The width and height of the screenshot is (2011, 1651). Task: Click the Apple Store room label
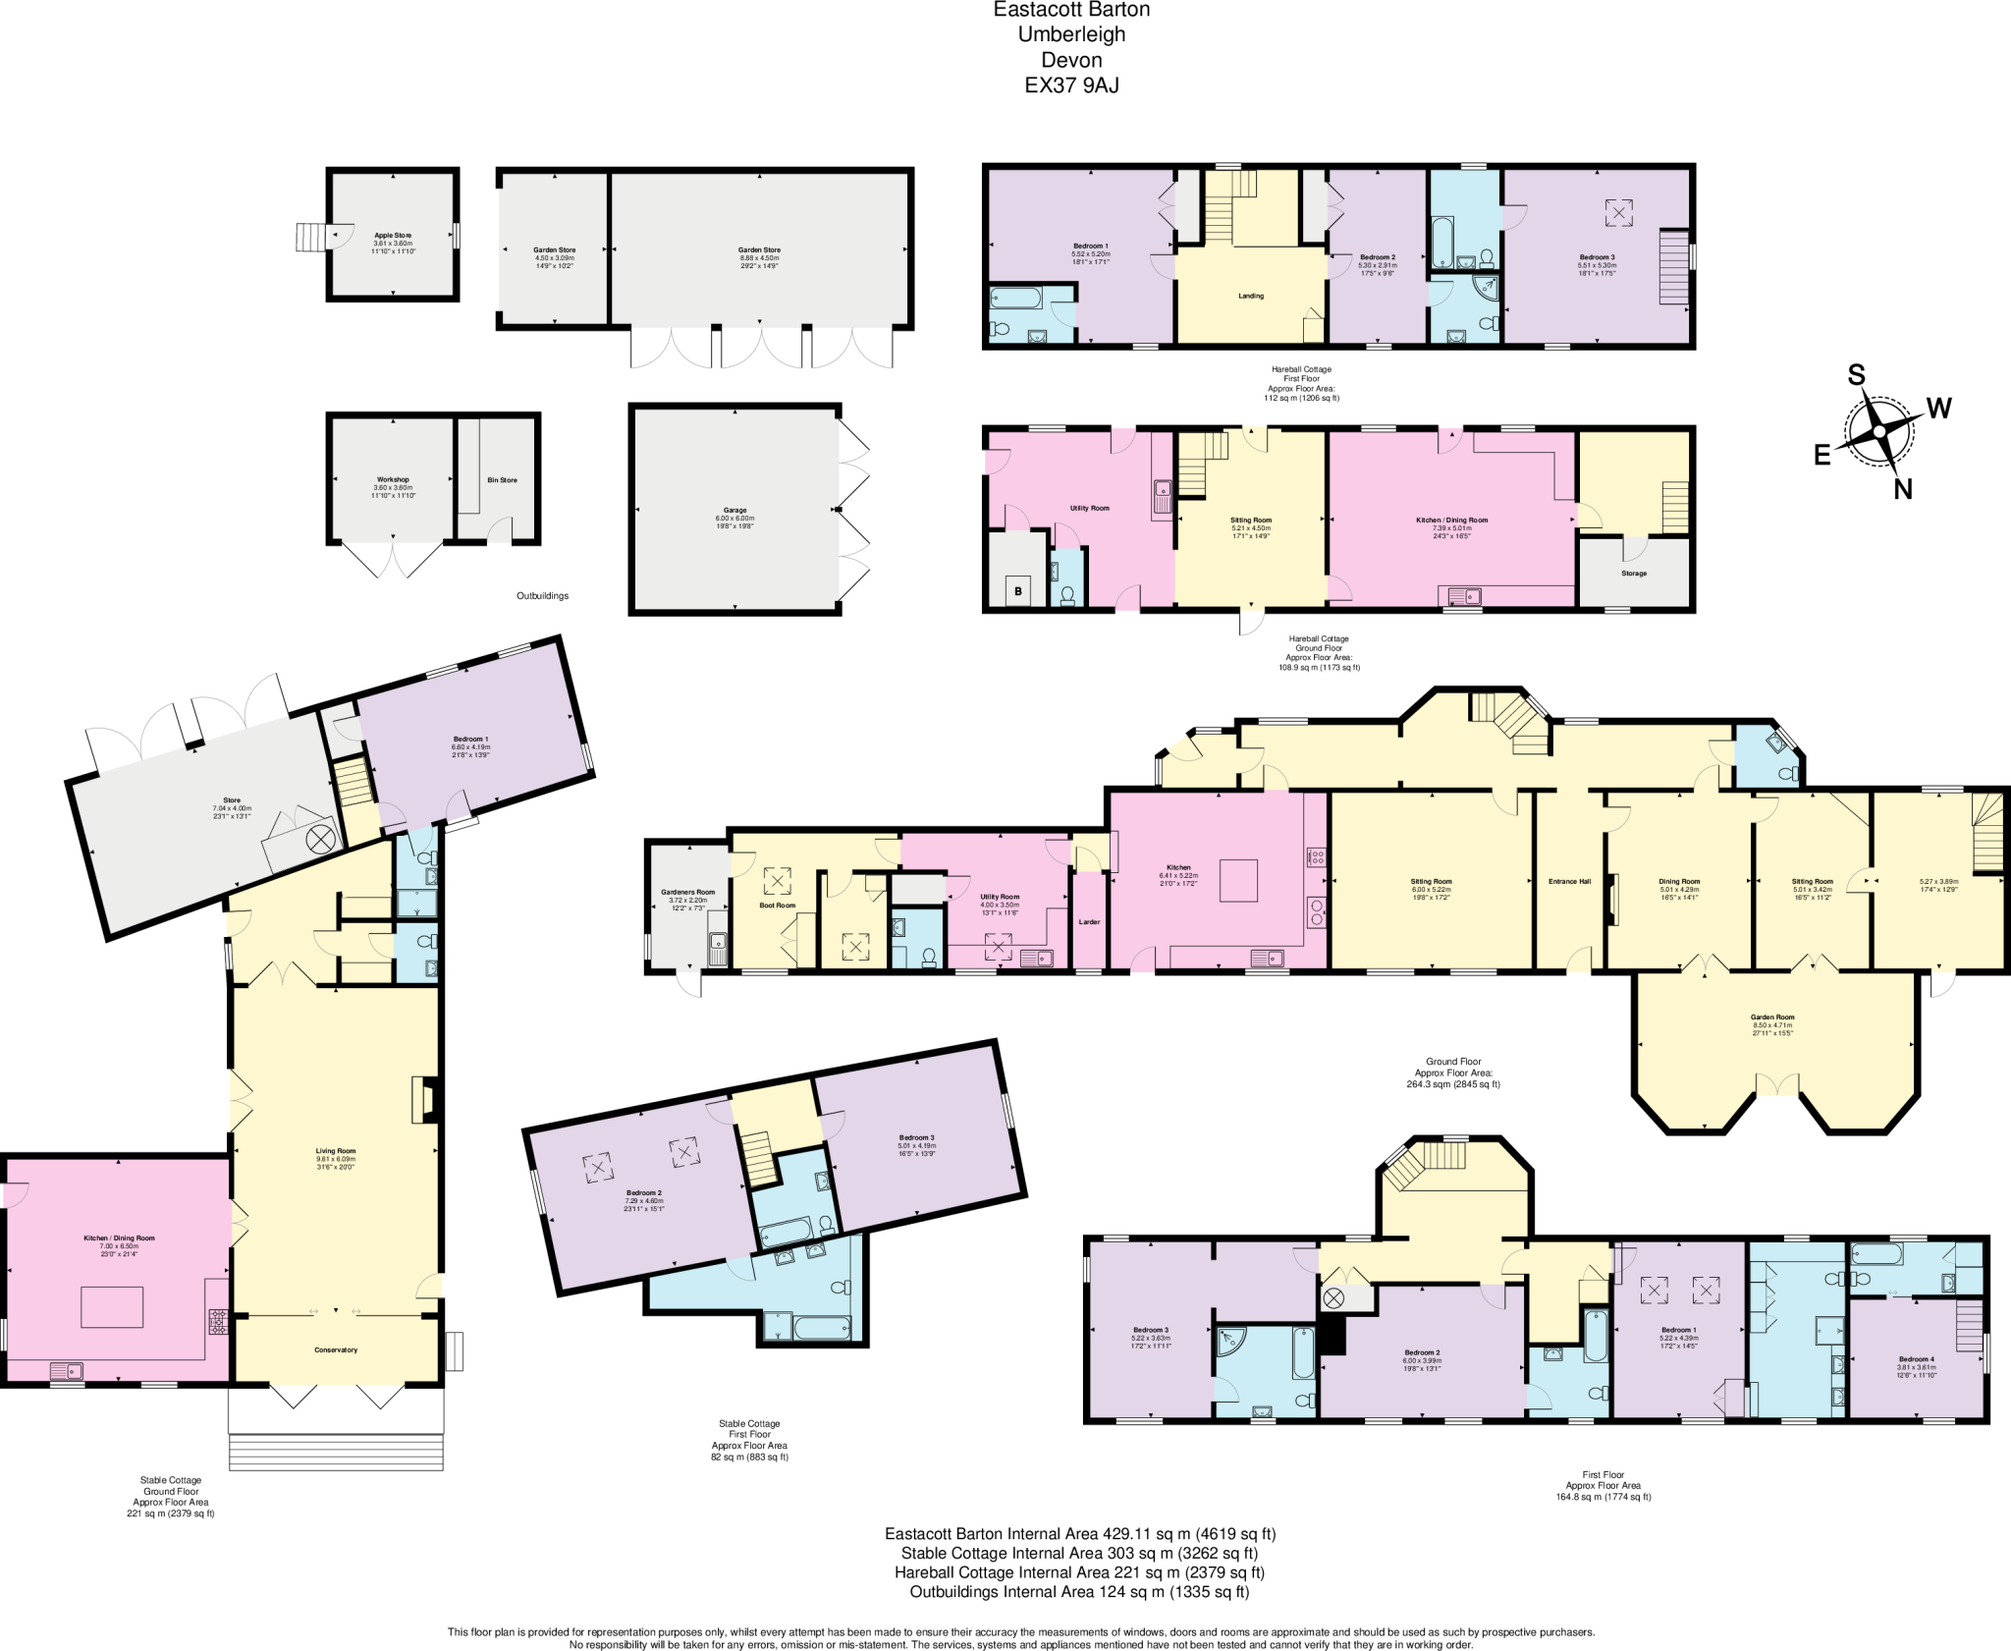click(393, 236)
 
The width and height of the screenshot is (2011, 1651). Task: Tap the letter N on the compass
click(1902, 489)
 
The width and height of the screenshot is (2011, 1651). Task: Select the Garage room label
click(735, 511)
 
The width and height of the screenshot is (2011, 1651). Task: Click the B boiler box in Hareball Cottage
click(1018, 591)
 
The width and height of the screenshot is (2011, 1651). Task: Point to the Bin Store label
click(502, 480)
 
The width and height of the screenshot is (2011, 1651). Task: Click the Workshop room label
click(393, 479)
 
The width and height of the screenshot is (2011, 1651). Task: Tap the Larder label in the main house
click(1089, 922)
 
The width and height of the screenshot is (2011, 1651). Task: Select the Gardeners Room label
click(687, 893)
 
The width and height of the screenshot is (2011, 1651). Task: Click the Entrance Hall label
click(1569, 882)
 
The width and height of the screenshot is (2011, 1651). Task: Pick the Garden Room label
click(1772, 1018)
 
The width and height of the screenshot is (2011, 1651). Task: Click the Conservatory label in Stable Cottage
click(336, 1350)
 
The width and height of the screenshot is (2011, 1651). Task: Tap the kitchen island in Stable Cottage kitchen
click(112, 1307)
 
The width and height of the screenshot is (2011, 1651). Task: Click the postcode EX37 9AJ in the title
click(1071, 85)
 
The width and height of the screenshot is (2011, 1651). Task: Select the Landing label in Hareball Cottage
click(1251, 296)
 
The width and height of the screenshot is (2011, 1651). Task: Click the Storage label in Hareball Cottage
click(1634, 574)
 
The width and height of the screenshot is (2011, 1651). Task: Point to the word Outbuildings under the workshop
click(542, 596)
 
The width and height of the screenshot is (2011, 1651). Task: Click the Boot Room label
click(778, 906)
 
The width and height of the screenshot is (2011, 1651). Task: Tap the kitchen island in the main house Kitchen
click(1239, 880)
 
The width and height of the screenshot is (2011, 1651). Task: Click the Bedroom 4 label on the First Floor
click(1916, 1360)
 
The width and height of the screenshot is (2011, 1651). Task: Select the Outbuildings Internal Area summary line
click(1079, 1592)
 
